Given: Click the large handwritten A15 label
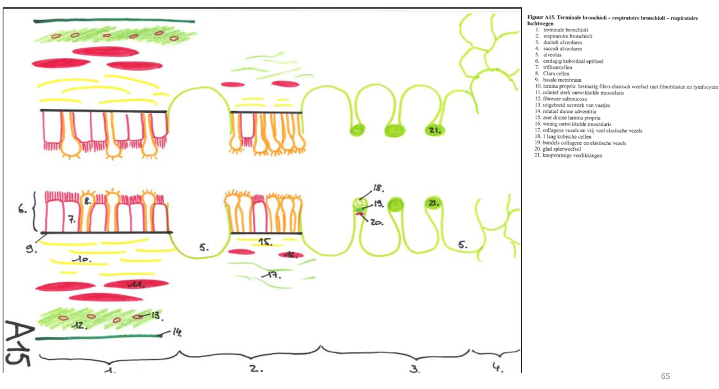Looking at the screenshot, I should tap(17, 343).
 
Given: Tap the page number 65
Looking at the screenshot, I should tap(666, 376).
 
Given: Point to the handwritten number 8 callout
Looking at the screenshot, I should tap(88, 199).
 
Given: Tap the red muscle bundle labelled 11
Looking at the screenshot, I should tap(135, 285).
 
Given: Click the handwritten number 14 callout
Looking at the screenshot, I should tap(176, 333).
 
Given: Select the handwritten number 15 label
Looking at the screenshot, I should tap(265, 242).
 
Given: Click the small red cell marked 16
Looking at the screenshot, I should tap(290, 255).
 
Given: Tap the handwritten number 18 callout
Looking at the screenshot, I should tap(377, 189).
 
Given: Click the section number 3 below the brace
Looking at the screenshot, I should tap(415, 369).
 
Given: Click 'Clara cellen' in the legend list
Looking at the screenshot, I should tap(557, 74).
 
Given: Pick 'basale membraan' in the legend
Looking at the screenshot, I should tap(560, 80).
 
